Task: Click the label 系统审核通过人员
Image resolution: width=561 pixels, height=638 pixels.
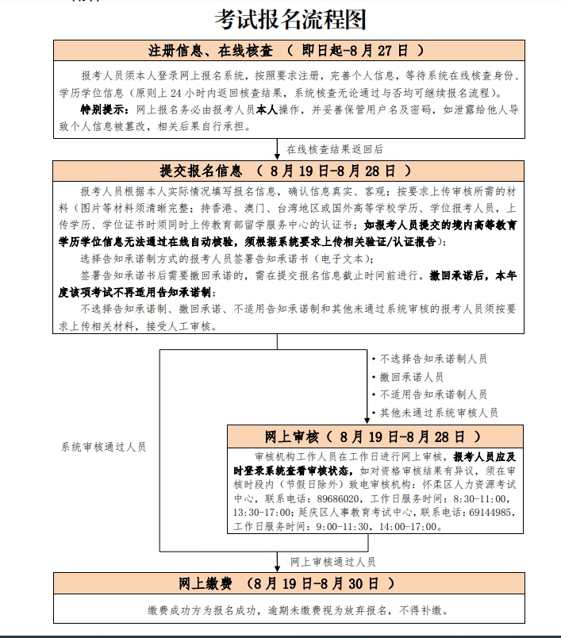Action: [x=104, y=447]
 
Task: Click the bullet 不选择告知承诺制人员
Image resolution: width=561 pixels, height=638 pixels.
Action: [x=433, y=359]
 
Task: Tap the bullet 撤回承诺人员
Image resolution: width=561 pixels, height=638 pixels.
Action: [x=411, y=377]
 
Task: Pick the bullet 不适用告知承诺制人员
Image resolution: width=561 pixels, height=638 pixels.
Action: [x=433, y=394]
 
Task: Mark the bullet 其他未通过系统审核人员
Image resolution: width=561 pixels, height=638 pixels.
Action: [x=439, y=413]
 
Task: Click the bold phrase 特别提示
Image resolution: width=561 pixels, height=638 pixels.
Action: [x=105, y=109]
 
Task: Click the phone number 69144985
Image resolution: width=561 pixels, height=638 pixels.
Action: [x=490, y=512]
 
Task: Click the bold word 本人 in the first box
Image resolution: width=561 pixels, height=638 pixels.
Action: [x=266, y=109]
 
